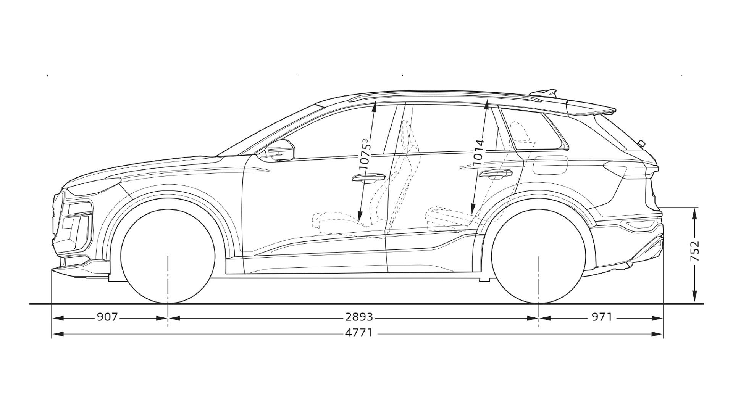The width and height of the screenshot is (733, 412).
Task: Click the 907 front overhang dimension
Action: coord(107,317)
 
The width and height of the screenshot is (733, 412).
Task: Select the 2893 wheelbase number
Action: coord(359,317)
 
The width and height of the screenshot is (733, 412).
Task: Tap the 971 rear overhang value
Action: coord(602,317)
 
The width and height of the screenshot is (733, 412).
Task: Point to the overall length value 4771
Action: coord(358,333)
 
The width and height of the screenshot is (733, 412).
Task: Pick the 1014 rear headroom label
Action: coord(479,153)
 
